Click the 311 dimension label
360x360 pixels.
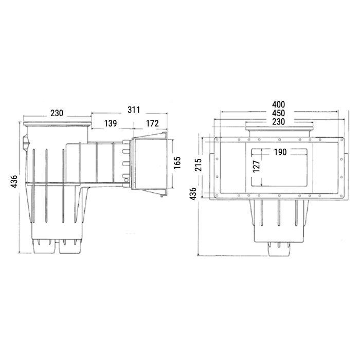coord(134,110)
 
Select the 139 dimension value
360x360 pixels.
coord(111,123)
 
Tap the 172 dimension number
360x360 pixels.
coord(152,123)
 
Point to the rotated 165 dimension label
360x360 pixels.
coord(177,163)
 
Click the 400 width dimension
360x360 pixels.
coord(279,105)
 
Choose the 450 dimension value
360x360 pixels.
coord(279,113)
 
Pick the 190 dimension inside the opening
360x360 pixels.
coord(280,152)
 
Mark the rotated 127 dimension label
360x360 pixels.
coord(256,167)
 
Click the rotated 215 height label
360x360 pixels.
coord(198,165)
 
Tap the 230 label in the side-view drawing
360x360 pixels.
coord(57,113)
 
